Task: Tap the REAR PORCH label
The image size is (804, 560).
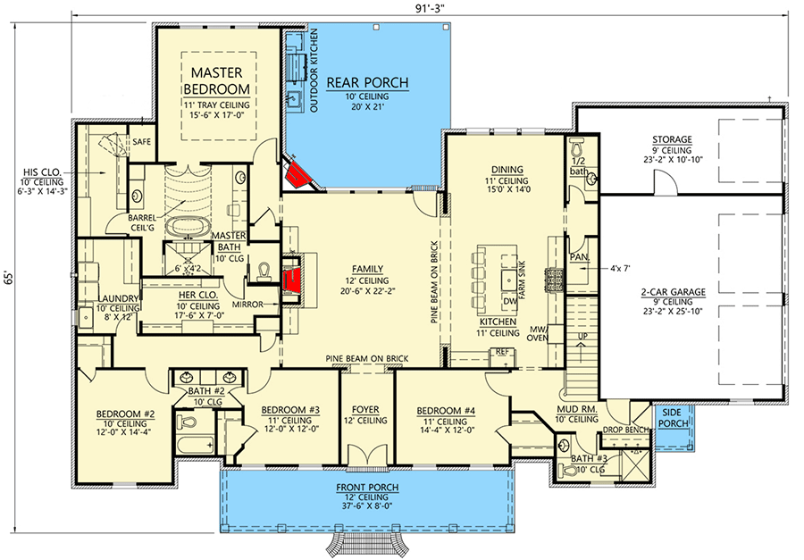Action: click(x=367, y=83)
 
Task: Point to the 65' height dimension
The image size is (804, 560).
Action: click(x=11, y=279)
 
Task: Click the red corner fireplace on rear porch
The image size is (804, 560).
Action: click(x=298, y=173)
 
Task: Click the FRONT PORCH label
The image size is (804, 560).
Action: click(x=368, y=488)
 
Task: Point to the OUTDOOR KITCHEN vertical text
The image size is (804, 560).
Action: click(x=314, y=71)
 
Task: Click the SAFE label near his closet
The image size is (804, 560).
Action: click(x=141, y=141)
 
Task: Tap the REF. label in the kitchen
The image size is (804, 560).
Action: click(x=501, y=352)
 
